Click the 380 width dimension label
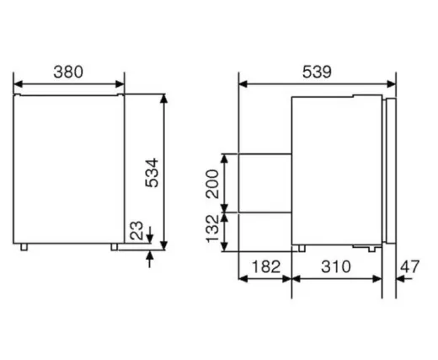tap(69, 73)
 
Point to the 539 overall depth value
tap(318, 73)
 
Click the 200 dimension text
tap(213, 182)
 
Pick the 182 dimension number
tap(265, 268)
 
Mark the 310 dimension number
tap(336, 268)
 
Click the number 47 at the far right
tap(410, 268)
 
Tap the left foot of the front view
tap(29, 247)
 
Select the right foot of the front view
tap(114, 247)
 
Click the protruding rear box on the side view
tap(264, 181)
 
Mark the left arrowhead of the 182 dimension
tap(244, 280)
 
